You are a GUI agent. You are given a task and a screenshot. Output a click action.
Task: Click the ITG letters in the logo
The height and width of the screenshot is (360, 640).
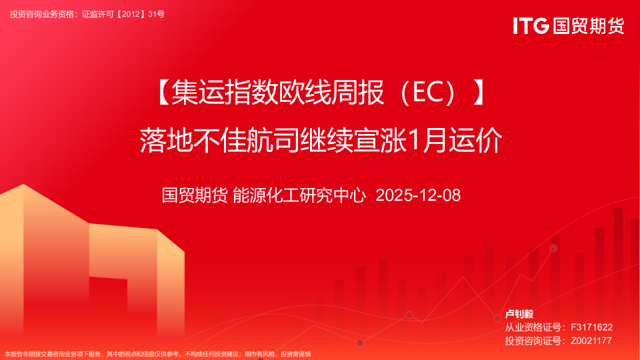pyautogui.click(x=531, y=26)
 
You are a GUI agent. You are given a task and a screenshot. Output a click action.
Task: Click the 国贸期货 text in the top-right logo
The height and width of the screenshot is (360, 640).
pyautogui.click(x=588, y=26)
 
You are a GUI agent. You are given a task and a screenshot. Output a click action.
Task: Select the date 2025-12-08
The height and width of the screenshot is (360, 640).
pyautogui.click(x=418, y=195)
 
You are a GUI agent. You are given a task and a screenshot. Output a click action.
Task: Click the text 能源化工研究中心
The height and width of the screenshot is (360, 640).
pyautogui.click(x=300, y=195)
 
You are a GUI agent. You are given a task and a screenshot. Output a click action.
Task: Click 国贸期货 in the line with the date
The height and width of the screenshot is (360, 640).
pyautogui.click(x=195, y=195)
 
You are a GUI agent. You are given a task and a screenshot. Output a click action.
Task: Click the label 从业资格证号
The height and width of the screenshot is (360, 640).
pyautogui.click(x=531, y=327)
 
